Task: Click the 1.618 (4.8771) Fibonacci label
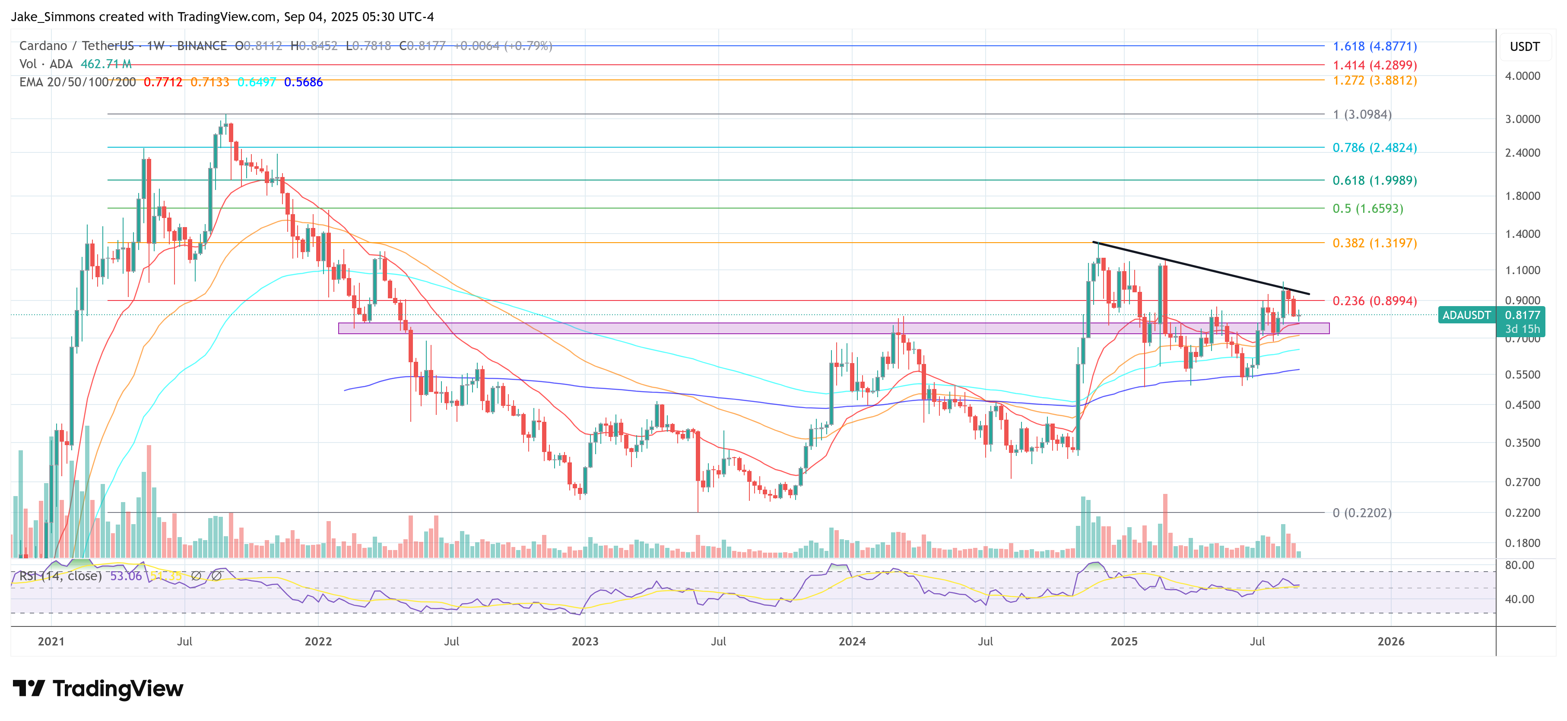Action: (1374, 46)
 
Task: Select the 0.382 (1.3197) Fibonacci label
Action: (1374, 243)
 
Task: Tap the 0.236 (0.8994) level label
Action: (1374, 301)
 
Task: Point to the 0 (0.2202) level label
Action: (1361, 512)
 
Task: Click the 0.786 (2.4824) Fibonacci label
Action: (1374, 148)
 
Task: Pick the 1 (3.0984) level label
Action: (1361, 114)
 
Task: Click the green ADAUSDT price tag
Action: (1466, 315)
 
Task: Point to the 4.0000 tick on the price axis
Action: (1522, 76)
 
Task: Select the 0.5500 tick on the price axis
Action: (1522, 374)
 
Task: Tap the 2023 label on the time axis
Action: (584, 642)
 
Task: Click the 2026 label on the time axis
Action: (1391, 642)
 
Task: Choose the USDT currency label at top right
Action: (1524, 47)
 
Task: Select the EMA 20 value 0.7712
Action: (162, 82)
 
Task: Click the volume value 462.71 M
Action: (106, 64)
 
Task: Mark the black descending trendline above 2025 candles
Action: (1202, 268)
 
